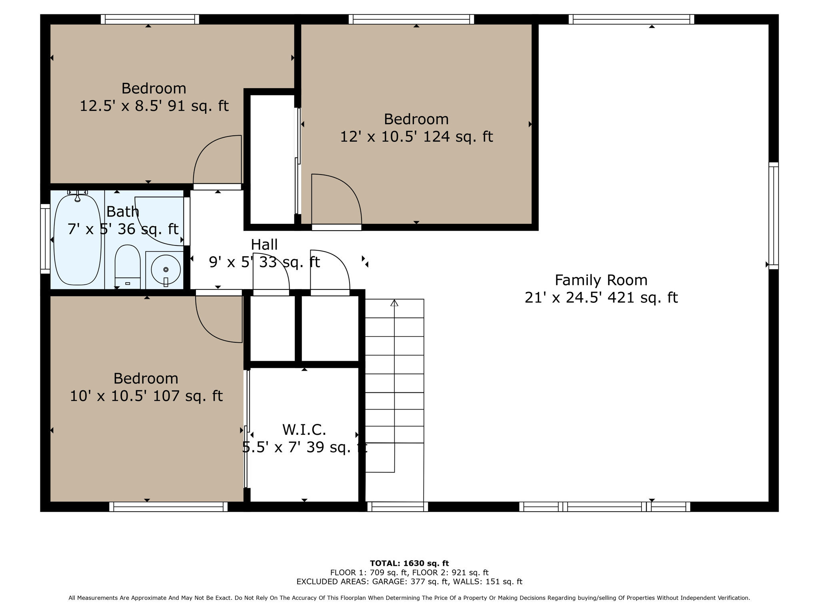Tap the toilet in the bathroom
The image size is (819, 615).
click(x=128, y=266)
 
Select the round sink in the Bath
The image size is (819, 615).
click(x=166, y=270)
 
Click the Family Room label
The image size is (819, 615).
click(x=601, y=280)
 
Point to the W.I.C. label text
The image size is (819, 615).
click(x=304, y=430)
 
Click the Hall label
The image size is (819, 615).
click(x=264, y=244)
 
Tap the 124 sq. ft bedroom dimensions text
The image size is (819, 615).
click(x=416, y=137)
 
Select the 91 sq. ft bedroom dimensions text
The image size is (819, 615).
click(x=154, y=106)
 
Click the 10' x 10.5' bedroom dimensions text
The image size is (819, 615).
click(x=146, y=396)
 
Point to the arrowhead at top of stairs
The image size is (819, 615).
click(x=394, y=303)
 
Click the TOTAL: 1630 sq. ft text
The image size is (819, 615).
click(x=409, y=563)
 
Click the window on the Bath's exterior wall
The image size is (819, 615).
click(x=45, y=239)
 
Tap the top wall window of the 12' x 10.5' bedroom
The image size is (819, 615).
click(x=411, y=19)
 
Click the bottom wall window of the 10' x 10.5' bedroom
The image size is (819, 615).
click(x=168, y=507)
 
